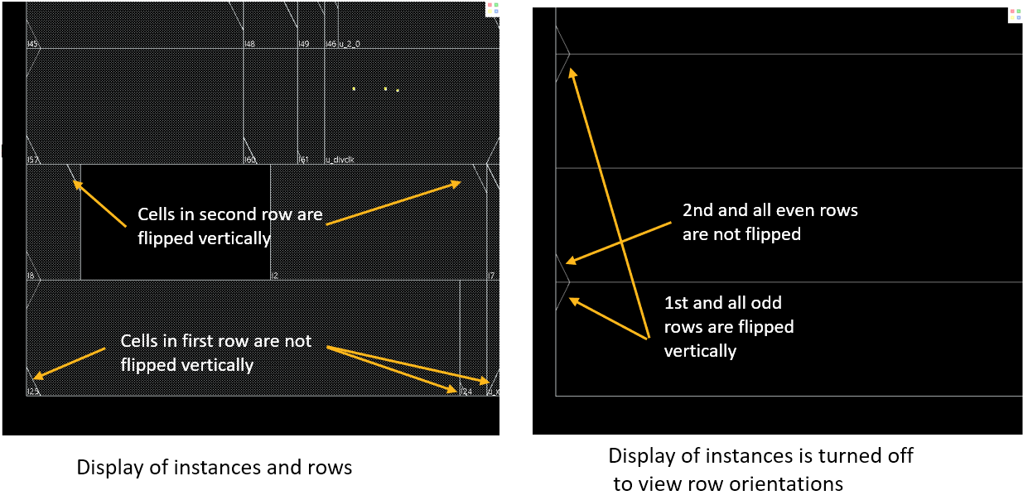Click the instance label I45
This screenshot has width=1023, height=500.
pos(32,44)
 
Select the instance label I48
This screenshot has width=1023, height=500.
pos(249,44)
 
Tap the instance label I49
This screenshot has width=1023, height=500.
pos(303,44)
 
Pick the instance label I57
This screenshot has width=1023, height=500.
pos(32,160)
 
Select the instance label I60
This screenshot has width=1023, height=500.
pos(249,160)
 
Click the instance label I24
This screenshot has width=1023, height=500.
pos(466,392)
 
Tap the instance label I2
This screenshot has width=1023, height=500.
pos(275,276)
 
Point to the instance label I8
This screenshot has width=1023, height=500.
pos(31,276)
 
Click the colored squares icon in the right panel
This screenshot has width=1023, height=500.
pos(1015,15)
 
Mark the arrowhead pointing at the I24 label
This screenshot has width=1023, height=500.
pos(454,389)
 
